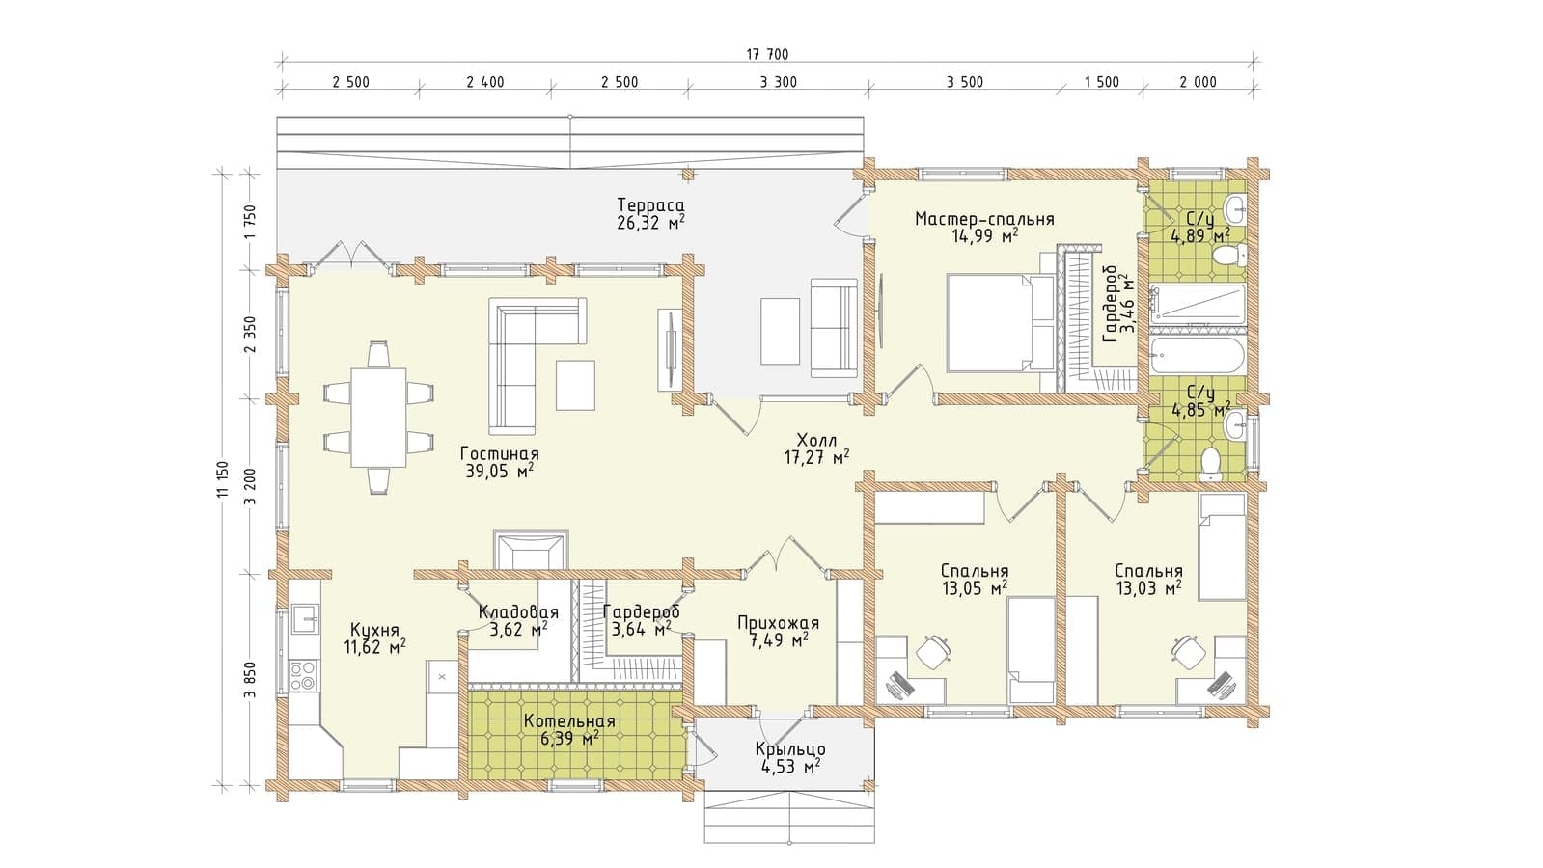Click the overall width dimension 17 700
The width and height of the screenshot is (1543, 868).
(767, 54)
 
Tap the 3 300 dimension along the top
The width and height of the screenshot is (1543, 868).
(779, 83)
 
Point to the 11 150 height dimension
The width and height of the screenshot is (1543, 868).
(222, 478)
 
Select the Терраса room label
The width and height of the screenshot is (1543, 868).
(650, 205)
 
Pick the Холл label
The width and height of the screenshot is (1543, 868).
(816, 440)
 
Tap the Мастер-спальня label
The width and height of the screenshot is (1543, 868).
(984, 219)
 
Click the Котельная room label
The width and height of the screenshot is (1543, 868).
(569, 721)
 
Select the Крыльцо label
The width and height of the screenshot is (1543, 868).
(790, 749)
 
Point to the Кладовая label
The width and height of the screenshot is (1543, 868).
(518, 611)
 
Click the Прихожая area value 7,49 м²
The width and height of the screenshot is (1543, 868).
(778, 640)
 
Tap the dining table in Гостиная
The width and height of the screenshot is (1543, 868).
(378, 418)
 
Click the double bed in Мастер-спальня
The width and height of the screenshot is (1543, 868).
(1001, 322)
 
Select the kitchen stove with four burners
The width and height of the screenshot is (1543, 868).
(303, 674)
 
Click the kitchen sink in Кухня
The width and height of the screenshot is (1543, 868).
(304, 618)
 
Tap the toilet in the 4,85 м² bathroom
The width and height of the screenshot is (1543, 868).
(1210, 465)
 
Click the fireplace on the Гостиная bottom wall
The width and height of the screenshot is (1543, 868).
(531, 550)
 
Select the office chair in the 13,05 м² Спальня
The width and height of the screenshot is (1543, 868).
(933, 650)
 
